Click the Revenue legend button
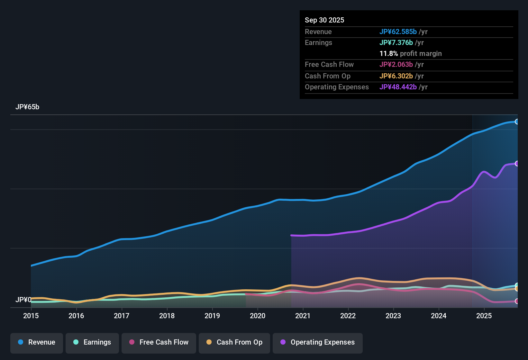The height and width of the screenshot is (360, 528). pos(37,342)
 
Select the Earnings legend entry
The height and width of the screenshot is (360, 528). pos(92,342)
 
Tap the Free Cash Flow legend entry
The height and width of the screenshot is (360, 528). pos(159,342)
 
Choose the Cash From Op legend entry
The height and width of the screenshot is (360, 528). pos(234,342)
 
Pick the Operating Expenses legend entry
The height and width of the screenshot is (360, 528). pos(318,342)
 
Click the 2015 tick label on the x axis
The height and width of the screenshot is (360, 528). pos(31,316)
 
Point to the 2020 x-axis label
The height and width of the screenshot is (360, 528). pos(258,316)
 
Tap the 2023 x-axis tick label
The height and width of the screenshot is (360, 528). pos(393,316)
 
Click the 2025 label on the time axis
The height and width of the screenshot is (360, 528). pos(484,316)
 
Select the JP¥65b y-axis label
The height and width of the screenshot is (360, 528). pos(27,107)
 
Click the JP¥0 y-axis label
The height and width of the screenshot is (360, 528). pos(23,300)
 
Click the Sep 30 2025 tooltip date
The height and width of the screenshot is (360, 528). pos(324,20)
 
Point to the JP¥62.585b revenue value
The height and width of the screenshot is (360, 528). pos(398,32)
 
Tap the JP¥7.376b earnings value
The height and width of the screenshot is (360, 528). pos(396,43)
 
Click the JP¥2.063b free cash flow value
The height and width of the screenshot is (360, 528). pos(396,65)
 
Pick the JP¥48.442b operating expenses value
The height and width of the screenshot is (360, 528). pos(398,87)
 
